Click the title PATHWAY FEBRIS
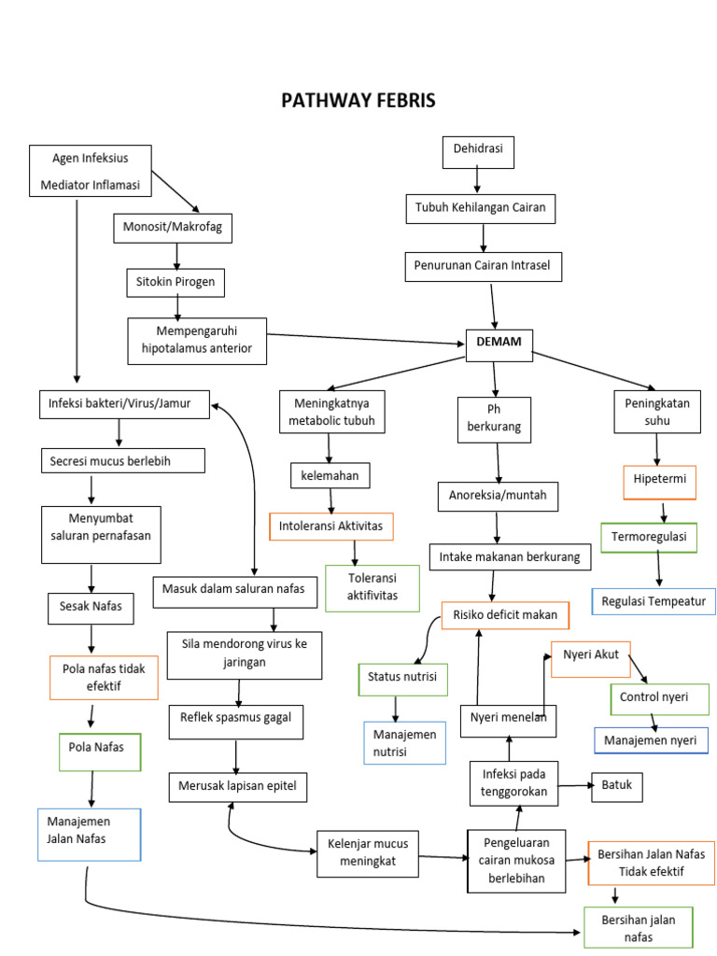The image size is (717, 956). click(358, 101)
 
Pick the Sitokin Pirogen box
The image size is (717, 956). click(176, 281)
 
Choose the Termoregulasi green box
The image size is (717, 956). click(648, 537)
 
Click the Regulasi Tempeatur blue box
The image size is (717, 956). click(654, 600)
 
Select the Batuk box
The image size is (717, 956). click(616, 786)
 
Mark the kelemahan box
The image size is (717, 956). click(330, 475)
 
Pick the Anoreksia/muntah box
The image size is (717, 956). click(499, 495)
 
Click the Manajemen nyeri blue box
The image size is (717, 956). click(650, 740)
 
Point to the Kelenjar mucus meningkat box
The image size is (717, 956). click(368, 853)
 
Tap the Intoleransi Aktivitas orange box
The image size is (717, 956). click(330, 527)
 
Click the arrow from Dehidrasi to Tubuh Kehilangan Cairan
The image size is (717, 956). click(478, 181)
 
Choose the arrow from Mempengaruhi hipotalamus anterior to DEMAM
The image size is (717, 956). click(364, 337)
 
